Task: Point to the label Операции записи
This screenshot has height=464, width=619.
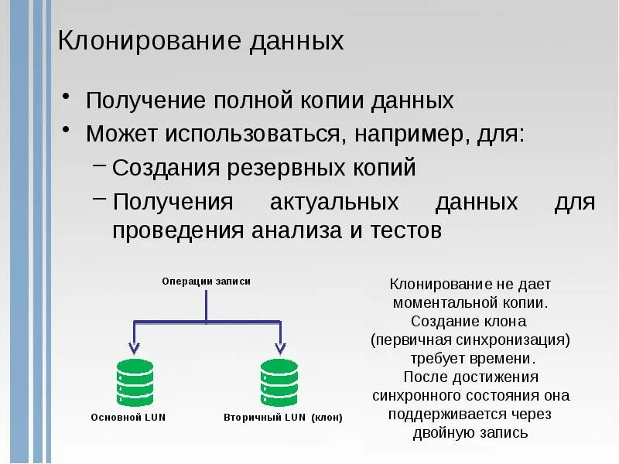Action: pyautogui.click(x=206, y=281)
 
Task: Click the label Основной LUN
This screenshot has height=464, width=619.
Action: pyautogui.click(x=128, y=418)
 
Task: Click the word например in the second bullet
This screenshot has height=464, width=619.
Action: pyautogui.click(x=408, y=135)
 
